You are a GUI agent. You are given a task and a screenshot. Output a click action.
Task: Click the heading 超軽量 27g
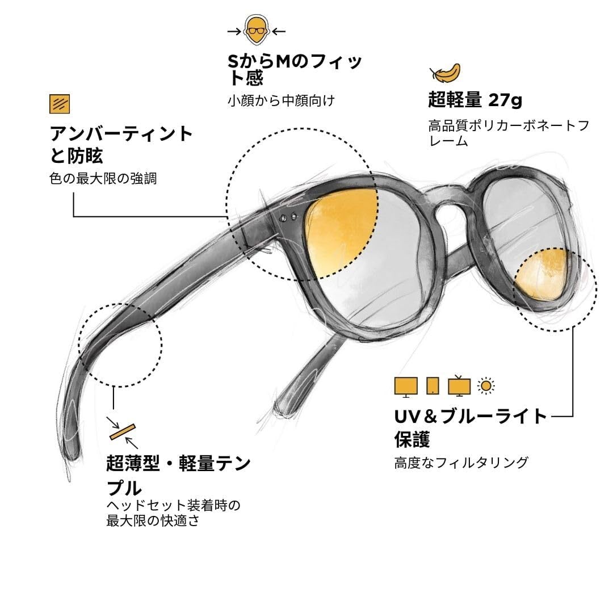point(475,101)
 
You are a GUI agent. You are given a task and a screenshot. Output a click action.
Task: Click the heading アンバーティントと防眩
point(121,144)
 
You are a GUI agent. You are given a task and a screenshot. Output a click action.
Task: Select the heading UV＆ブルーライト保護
point(471,427)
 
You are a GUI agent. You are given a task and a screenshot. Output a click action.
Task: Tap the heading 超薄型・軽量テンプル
point(178,475)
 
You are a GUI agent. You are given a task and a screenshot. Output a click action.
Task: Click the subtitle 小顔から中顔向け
point(281,101)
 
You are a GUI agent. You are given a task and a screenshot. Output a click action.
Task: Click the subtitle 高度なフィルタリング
point(461,463)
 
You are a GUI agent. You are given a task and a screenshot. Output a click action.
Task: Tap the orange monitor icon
point(406,386)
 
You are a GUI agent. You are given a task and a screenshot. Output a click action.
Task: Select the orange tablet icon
point(432,386)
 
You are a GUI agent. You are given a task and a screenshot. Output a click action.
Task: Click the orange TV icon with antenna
point(459,386)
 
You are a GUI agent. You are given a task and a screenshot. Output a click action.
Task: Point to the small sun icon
point(486,386)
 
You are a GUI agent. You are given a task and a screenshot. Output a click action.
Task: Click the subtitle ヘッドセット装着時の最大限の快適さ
point(174,513)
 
